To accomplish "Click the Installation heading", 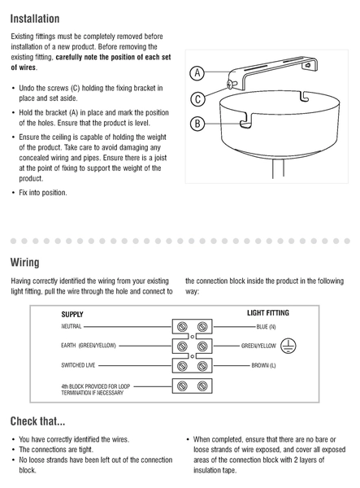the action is (x=35, y=19).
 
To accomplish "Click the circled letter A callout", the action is (x=197, y=73).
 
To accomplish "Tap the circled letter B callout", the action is (x=197, y=124).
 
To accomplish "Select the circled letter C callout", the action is (x=197, y=99).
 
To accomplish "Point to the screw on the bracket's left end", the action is (x=231, y=85).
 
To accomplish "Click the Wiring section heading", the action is (x=25, y=263).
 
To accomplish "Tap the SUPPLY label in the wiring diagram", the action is (x=72, y=314).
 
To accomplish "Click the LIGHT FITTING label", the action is (x=268, y=313).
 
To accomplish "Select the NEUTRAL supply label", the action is (x=72, y=326).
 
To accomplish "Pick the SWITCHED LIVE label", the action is (x=78, y=365).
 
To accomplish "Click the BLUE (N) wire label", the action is (x=266, y=327).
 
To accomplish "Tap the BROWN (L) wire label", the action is (x=263, y=365).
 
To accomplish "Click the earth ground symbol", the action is (x=288, y=346).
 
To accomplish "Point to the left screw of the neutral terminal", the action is (x=182, y=327).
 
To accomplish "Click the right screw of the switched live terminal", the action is (x=202, y=366).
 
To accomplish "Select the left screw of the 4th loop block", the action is (x=182, y=386).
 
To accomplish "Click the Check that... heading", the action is (x=37, y=421).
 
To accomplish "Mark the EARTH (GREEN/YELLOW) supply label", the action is (x=89, y=346).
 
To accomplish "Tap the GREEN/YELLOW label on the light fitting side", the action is (x=258, y=346).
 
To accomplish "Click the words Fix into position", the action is (x=43, y=193).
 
